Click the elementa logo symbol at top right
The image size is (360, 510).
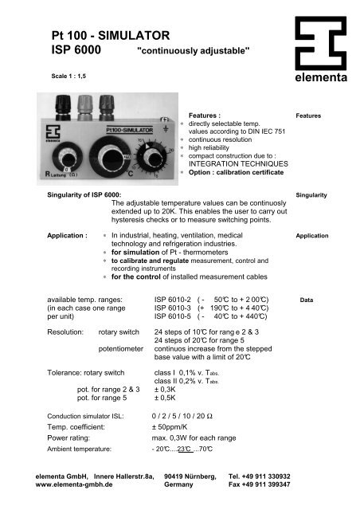click(x=320, y=42)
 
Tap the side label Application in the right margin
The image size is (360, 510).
click(x=312, y=237)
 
